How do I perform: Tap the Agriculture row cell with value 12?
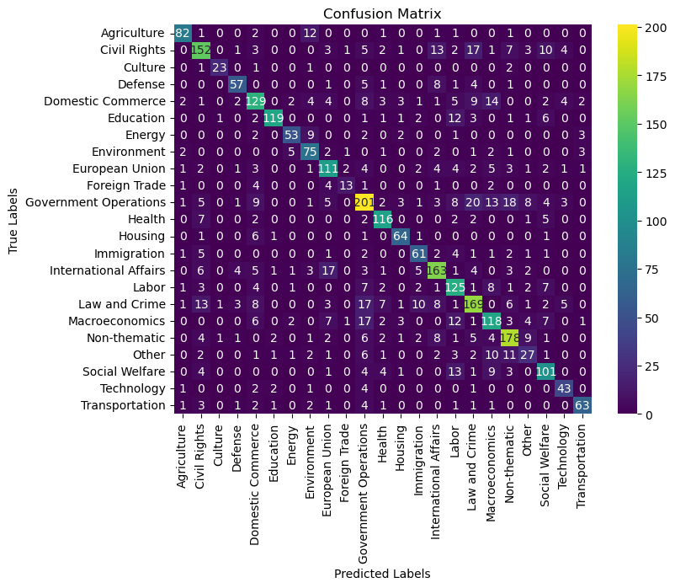(x=311, y=33)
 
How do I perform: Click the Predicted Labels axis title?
(x=383, y=573)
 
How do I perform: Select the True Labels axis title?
(x=13, y=220)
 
